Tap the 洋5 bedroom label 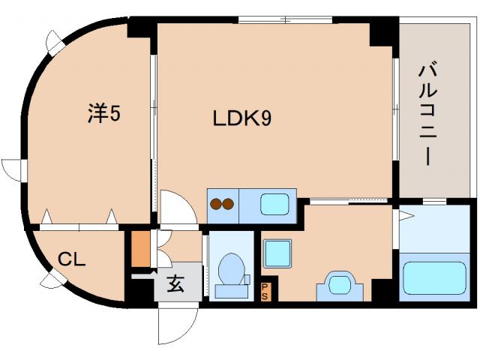[104, 115]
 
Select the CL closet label [73, 259]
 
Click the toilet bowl [229, 269]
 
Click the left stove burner [215, 204]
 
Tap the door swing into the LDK [177, 206]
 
